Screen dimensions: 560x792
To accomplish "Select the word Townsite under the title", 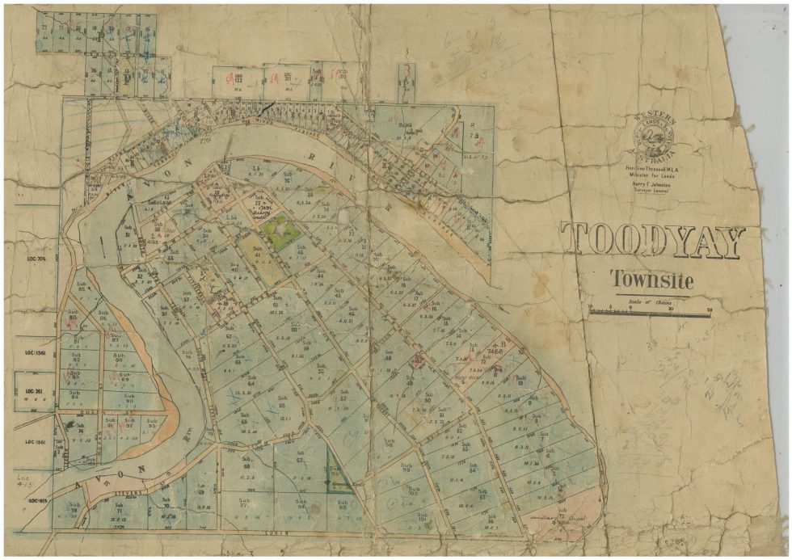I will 651,280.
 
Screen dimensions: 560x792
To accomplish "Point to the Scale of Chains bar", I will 650,309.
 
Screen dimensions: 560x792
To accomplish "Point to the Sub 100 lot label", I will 414,491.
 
